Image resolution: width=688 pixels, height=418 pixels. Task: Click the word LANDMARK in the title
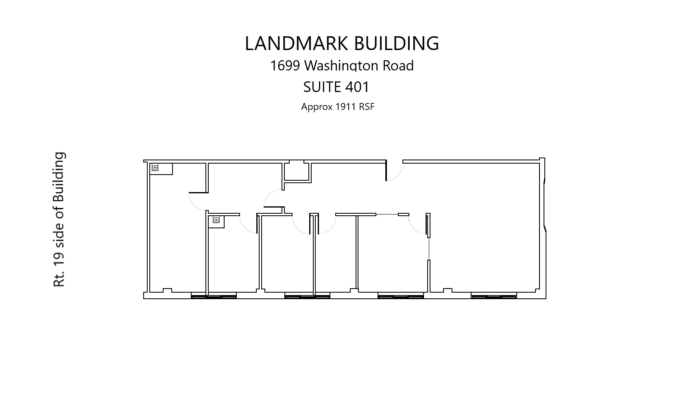pyautogui.click(x=296, y=43)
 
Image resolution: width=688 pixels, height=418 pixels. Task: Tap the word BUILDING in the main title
pyautogui.click(x=397, y=43)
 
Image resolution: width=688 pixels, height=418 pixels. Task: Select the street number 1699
pyautogui.click(x=285, y=66)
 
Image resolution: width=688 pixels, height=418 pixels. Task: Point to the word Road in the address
pyautogui.click(x=398, y=66)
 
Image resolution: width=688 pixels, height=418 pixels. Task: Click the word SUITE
pyautogui.click(x=322, y=87)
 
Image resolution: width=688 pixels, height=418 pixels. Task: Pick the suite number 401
pyautogui.click(x=357, y=87)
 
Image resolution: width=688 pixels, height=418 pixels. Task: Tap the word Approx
pyautogui.click(x=317, y=107)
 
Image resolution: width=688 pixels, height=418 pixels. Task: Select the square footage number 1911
pyautogui.click(x=345, y=107)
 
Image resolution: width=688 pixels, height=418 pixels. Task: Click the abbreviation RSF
pyautogui.click(x=367, y=107)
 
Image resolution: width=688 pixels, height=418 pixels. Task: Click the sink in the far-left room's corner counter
pyautogui.click(x=155, y=168)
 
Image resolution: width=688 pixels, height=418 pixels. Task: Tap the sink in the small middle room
pyautogui.click(x=216, y=220)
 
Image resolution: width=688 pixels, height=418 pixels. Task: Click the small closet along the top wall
pyautogui.click(x=296, y=171)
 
